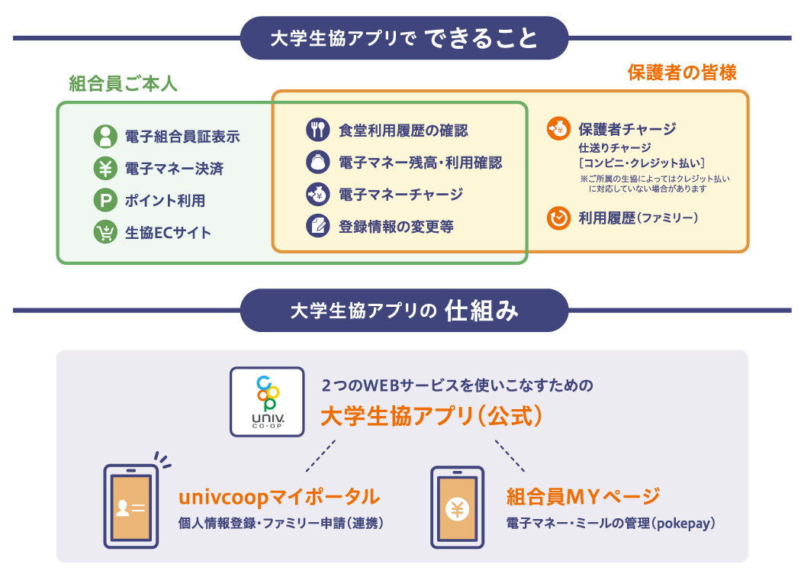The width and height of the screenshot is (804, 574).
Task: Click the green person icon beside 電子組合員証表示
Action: (x=105, y=137)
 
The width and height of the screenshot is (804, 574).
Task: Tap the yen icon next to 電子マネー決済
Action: (x=105, y=169)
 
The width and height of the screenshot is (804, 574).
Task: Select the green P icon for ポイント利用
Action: (x=105, y=201)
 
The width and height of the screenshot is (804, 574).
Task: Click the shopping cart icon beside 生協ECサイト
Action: (x=105, y=233)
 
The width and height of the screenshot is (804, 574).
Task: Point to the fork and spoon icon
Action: (x=317, y=130)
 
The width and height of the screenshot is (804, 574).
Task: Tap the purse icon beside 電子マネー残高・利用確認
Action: (x=317, y=162)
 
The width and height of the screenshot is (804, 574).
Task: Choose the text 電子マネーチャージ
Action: (x=400, y=195)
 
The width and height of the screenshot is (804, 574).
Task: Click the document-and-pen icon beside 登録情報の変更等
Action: (x=317, y=226)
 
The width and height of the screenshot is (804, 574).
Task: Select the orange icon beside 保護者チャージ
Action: (x=558, y=129)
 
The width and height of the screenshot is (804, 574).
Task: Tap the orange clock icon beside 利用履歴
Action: (x=558, y=218)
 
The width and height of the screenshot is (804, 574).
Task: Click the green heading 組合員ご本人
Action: (x=123, y=83)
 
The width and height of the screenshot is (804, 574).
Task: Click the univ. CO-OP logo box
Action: (x=267, y=402)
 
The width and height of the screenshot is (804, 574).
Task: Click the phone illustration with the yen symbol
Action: (x=457, y=507)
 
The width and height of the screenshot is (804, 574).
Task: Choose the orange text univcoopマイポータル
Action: (x=278, y=498)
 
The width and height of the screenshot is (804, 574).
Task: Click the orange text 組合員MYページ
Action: (x=583, y=498)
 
